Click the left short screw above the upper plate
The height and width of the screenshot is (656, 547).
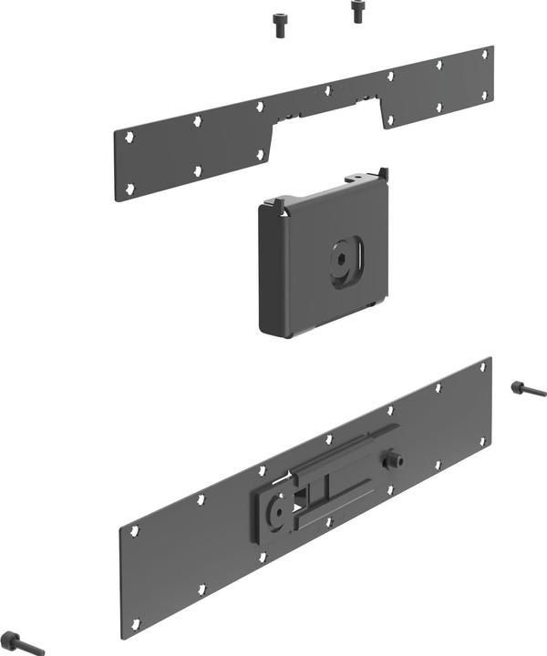tap(279, 24)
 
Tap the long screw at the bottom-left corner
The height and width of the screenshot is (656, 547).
tap(22, 641)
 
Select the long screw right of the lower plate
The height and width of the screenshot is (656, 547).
tap(528, 390)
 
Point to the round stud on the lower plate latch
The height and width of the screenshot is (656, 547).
tap(395, 459)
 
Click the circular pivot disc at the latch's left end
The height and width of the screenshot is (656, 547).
tap(274, 513)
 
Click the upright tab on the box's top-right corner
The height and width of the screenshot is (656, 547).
tap(383, 173)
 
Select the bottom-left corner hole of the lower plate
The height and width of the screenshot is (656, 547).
tap(135, 624)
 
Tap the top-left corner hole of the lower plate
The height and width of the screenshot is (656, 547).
tap(134, 530)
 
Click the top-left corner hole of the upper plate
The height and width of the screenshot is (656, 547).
tap(129, 138)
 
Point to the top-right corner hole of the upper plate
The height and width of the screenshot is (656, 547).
tap(484, 54)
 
